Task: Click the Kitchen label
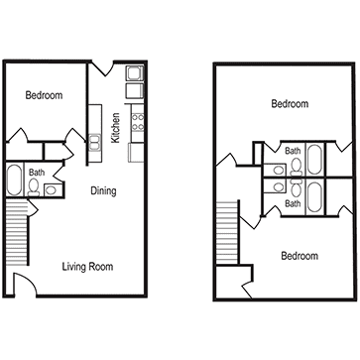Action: click(116, 126)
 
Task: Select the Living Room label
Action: click(86, 266)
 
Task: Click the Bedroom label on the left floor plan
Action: click(44, 95)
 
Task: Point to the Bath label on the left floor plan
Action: click(37, 173)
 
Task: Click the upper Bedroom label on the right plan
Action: click(291, 103)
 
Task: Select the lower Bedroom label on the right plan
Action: click(299, 256)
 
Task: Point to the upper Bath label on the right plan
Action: click(294, 151)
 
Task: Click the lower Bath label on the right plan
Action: click(294, 203)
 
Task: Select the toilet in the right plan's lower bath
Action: click(295, 188)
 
